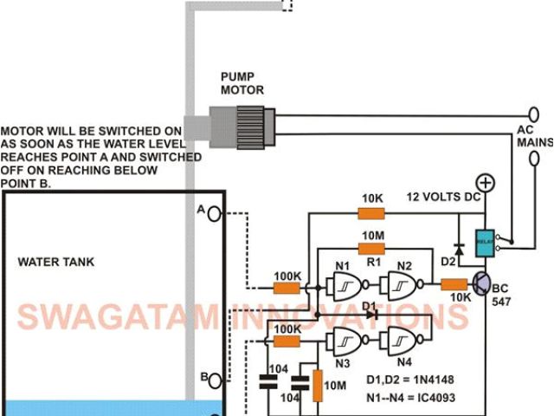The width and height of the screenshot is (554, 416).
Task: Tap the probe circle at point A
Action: tap(214, 212)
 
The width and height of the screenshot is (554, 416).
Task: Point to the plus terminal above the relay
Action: tap(486, 183)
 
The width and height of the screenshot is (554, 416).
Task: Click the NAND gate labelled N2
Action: tap(403, 283)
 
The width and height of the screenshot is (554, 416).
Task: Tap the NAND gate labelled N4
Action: tap(403, 341)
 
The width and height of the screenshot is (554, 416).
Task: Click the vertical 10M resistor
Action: tap(317, 386)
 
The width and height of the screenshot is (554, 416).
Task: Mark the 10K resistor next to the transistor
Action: tap(454, 284)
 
